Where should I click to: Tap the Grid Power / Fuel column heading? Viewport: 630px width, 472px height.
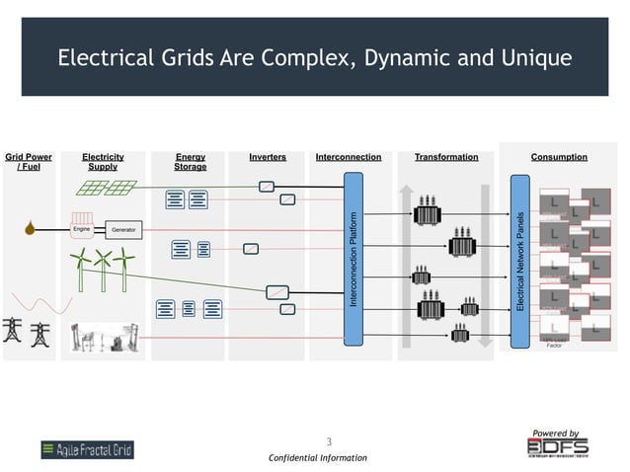tap(29, 162)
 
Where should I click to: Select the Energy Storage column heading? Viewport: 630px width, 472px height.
tap(191, 162)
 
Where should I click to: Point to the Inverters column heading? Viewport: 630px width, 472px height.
tap(268, 157)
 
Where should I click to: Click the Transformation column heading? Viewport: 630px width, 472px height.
tap(446, 157)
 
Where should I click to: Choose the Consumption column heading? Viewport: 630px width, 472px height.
tap(559, 157)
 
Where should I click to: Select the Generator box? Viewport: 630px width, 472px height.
tap(122, 230)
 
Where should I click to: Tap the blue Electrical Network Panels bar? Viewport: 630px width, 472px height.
tap(520, 262)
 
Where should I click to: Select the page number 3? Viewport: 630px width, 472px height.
tap(329, 441)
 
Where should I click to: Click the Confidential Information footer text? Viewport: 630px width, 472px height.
tap(317, 458)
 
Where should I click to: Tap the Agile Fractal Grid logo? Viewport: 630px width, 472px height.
tap(87, 450)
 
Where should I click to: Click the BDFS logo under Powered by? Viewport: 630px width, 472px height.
tap(557, 447)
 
